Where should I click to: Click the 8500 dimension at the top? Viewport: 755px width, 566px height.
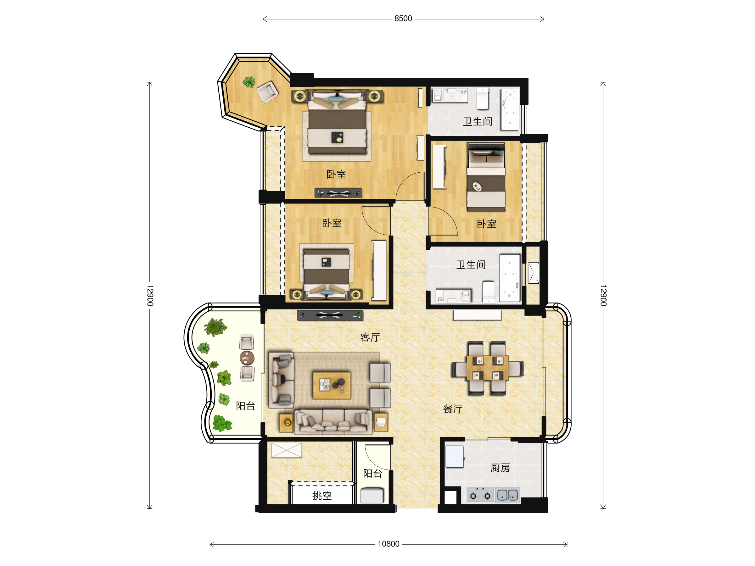403,19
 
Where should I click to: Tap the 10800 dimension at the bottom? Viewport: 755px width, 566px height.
389,544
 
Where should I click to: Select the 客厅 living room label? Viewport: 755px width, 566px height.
370,337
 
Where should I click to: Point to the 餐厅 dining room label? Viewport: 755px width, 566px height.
453,409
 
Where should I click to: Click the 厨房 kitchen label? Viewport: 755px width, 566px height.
500,468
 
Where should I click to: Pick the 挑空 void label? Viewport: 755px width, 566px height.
322,495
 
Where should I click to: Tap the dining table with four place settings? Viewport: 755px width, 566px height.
487,369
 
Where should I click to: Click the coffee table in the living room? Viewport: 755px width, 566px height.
332,385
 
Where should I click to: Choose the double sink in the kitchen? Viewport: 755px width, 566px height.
507,495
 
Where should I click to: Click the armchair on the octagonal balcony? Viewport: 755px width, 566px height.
267,92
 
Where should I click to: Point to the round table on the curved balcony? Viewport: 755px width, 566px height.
247,358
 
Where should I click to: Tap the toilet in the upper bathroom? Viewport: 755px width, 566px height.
482,98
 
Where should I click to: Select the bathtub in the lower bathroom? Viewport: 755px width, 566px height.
509,278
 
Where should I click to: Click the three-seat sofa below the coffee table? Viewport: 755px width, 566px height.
333,422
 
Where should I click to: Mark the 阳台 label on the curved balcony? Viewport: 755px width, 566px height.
245,406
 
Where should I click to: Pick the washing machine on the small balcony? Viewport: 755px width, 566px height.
372,495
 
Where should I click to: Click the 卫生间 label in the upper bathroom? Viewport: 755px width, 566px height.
477,121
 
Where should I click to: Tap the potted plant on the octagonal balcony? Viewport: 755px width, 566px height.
249,82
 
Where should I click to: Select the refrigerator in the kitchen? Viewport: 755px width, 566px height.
454,456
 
